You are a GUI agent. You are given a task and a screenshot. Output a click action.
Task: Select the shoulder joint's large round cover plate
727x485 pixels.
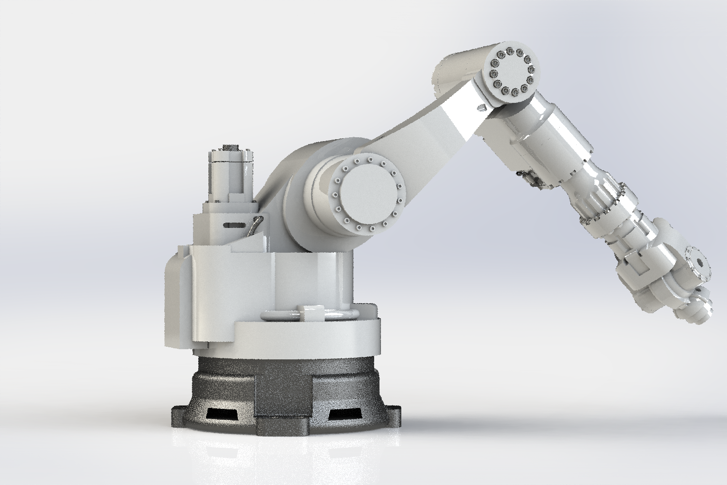click(x=366, y=194)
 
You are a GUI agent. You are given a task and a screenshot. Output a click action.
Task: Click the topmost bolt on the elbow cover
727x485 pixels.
click(x=510, y=50)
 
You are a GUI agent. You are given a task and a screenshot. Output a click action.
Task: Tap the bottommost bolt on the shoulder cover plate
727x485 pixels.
click(x=366, y=229)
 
